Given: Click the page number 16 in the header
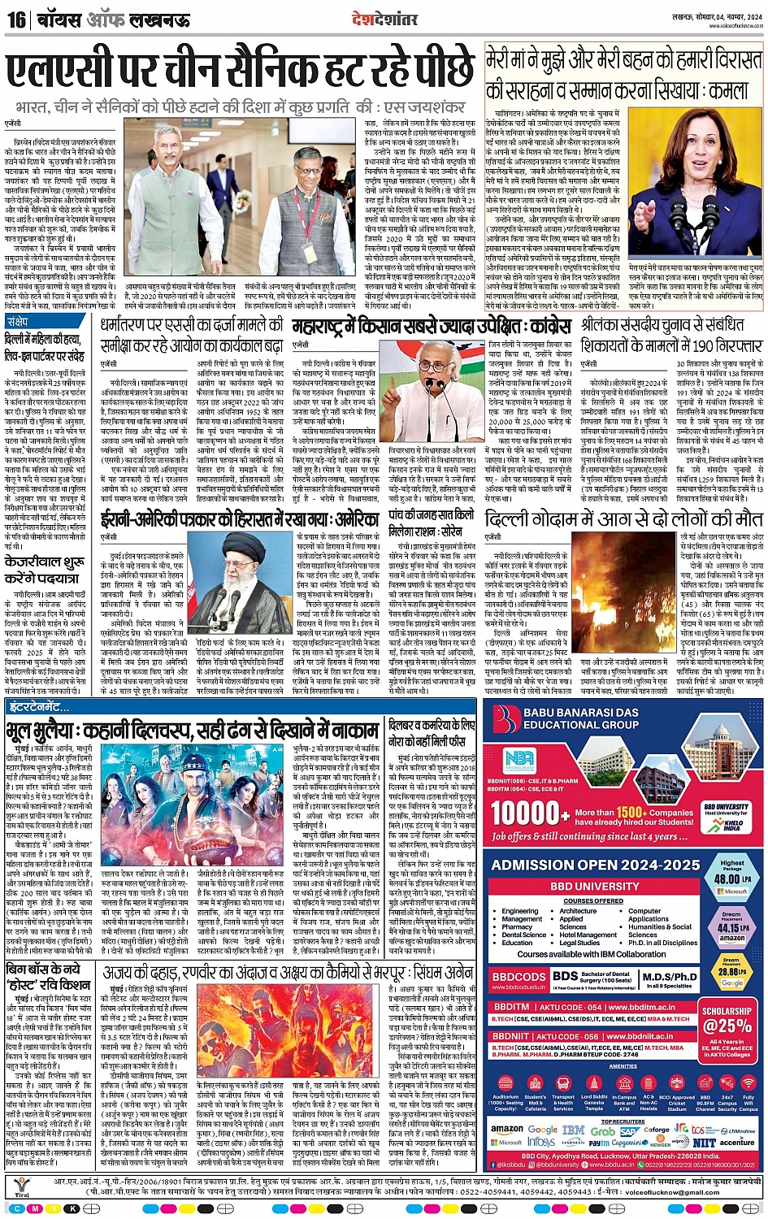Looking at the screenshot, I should pos(15,19).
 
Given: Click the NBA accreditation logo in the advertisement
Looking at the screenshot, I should pos(519,761).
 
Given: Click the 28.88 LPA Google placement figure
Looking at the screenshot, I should pos(731,972).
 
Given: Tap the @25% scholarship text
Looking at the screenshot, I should pos(727,1026).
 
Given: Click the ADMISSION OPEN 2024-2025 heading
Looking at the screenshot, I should pos(596,865).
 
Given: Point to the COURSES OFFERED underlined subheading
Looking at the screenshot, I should pos(593,901).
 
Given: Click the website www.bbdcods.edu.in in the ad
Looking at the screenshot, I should pos(518,987).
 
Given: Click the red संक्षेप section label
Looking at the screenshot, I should pos(18,322).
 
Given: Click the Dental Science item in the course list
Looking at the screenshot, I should pos(524,935).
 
